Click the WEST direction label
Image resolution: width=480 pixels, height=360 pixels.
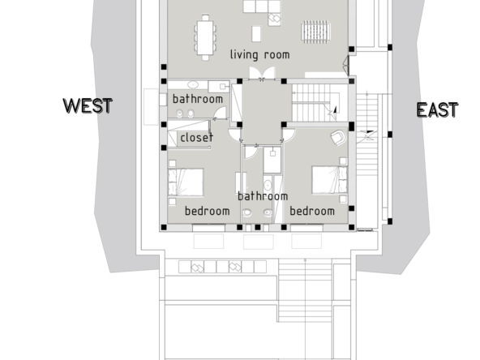88,106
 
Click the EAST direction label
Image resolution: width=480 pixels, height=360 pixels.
438,110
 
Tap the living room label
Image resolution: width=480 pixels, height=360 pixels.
260,55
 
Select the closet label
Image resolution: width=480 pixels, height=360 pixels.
196,138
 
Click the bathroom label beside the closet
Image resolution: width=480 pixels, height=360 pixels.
198,99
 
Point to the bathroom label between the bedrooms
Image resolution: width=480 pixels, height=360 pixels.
263,196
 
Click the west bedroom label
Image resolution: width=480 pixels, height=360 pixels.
208,212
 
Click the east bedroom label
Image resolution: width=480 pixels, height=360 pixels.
312,212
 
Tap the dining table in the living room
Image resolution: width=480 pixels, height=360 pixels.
205,37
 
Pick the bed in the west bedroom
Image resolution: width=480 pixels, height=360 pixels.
186,182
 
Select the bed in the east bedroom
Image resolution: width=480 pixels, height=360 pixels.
329,180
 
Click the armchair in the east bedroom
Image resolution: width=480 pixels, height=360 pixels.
339,138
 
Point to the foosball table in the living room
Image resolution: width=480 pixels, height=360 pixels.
315,30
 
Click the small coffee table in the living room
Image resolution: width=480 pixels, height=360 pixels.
256,34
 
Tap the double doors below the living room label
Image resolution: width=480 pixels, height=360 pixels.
262,74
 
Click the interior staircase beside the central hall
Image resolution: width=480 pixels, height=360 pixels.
315,102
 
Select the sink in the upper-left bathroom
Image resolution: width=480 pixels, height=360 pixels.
192,84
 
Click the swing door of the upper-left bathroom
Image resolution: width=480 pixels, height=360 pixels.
220,113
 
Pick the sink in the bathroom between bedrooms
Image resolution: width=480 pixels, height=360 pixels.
268,186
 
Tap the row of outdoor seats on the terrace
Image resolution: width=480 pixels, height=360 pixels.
222,267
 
